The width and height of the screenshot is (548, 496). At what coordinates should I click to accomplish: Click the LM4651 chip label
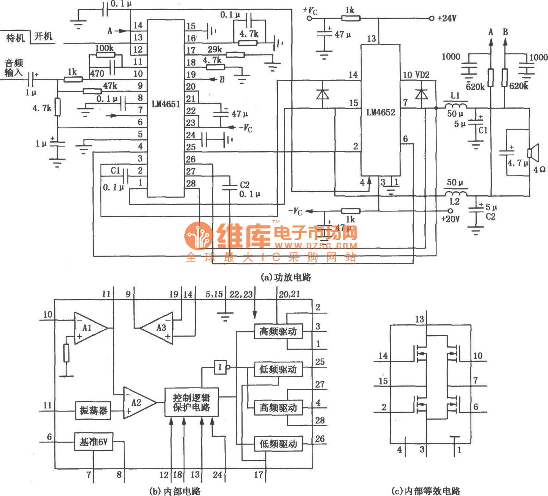click(x=166, y=104)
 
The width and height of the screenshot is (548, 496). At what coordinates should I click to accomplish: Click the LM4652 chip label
click(x=381, y=113)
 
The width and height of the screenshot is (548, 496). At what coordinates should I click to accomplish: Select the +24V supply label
click(x=447, y=18)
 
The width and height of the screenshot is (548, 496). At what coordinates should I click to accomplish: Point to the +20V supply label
click(x=450, y=219)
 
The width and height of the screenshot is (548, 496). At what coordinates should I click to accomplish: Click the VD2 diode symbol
click(x=421, y=93)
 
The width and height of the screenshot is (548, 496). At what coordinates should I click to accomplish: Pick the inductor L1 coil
click(x=455, y=104)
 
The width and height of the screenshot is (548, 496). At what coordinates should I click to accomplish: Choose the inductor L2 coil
click(x=455, y=193)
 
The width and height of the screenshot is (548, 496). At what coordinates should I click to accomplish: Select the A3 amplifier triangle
click(x=159, y=328)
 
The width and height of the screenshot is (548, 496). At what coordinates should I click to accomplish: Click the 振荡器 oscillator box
click(x=93, y=410)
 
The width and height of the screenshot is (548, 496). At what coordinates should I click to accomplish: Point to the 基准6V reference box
click(x=94, y=442)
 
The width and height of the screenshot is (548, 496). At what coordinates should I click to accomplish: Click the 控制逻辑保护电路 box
click(x=191, y=402)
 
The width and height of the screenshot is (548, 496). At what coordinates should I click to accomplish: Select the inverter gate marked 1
click(x=220, y=367)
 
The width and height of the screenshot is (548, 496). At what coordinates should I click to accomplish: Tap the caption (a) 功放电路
click(x=286, y=277)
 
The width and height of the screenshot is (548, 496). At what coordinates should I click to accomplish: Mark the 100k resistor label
click(x=104, y=48)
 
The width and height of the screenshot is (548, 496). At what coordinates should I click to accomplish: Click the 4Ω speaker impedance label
click(x=539, y=170)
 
